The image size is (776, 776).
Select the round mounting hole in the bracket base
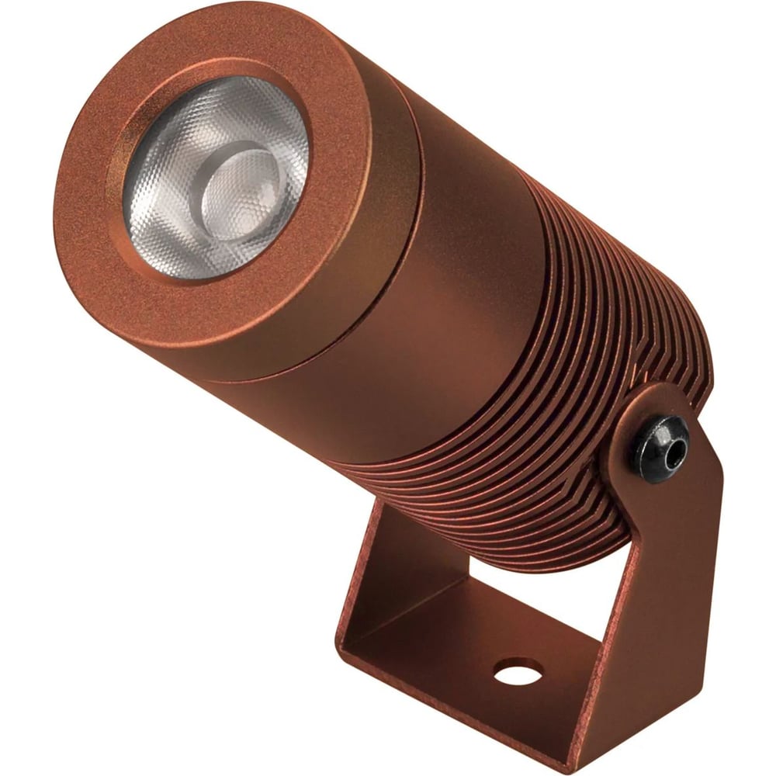coord(518,671)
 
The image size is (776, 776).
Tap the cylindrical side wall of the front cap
coord(341,310)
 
